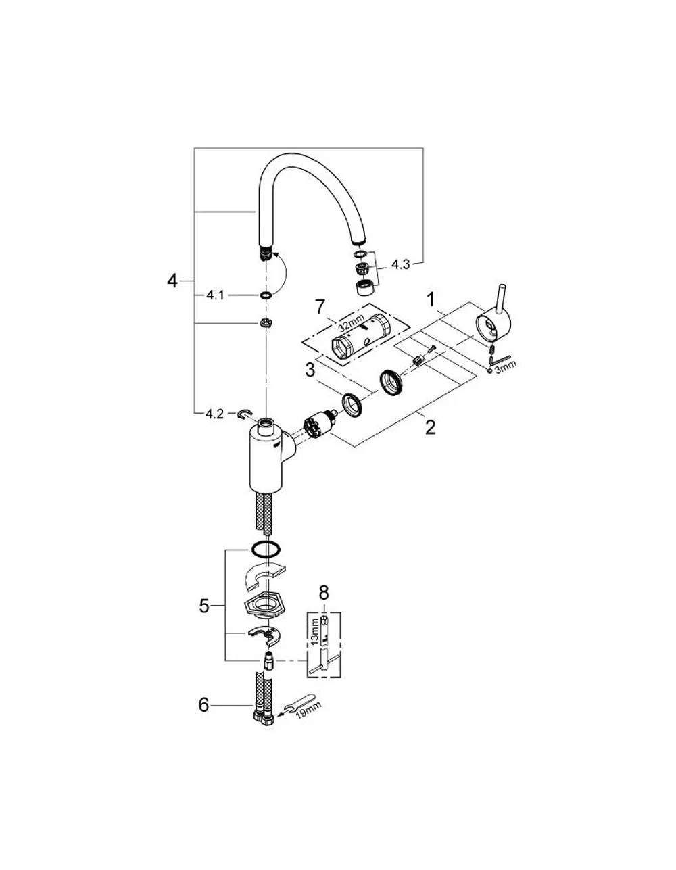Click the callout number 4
(172, 281)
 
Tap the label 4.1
(215, 296)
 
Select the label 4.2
(214, 414)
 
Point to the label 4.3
(401, 264)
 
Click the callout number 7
(319, 307)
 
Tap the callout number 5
(204, 606)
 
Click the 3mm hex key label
(506, 367)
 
